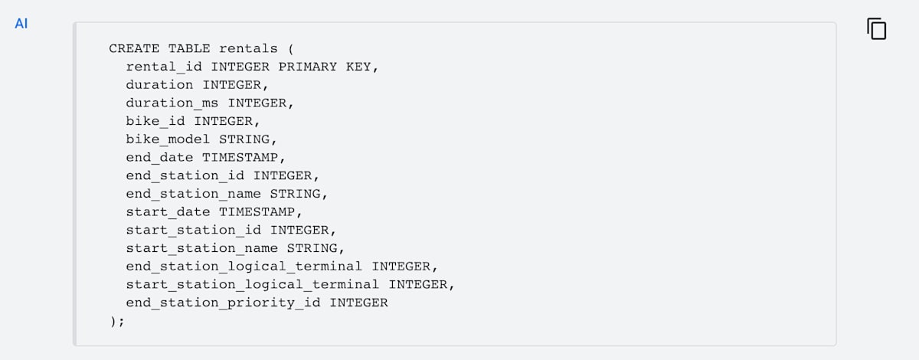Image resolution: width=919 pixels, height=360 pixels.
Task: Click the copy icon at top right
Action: click(x=877, y=29)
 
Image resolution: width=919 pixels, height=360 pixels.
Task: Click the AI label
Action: click(x=21, y=24)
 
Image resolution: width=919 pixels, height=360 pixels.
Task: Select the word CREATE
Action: click(x=134, y=48)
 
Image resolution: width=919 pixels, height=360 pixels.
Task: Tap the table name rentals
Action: click(x=248, y=48)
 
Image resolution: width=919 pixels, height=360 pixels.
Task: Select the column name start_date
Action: click(x=168, y=211)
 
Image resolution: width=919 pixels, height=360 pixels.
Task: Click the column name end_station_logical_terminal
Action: click(x=244, y=266)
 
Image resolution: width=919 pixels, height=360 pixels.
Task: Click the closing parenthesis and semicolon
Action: click(x=116, y=321)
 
